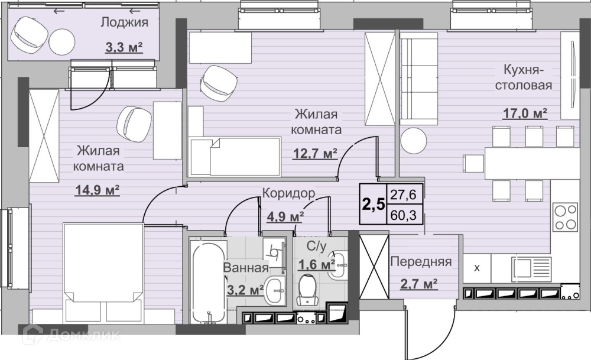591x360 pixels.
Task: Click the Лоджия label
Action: tap(124, 22)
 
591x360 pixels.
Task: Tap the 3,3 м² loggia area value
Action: tap(124, 47)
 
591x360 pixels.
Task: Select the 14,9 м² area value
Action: tap(98, 190)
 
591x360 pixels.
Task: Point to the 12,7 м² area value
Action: tap(315, 154)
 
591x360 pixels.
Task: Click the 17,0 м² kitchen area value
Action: tap(525, 113)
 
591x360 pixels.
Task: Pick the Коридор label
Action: tap(288, 193)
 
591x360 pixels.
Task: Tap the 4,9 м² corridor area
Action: tap(285, 217)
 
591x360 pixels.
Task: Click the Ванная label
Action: tap(246, 268)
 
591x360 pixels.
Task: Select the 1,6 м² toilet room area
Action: tap(317, 265)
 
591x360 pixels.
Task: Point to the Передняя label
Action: tap(421, 262)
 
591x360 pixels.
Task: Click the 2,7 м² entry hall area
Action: tap(419, 284)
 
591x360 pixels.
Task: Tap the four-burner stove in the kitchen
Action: tap(565, 217)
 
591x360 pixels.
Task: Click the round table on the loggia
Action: tap(62, 41)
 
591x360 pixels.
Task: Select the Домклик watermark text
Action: tap(72, 335)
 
